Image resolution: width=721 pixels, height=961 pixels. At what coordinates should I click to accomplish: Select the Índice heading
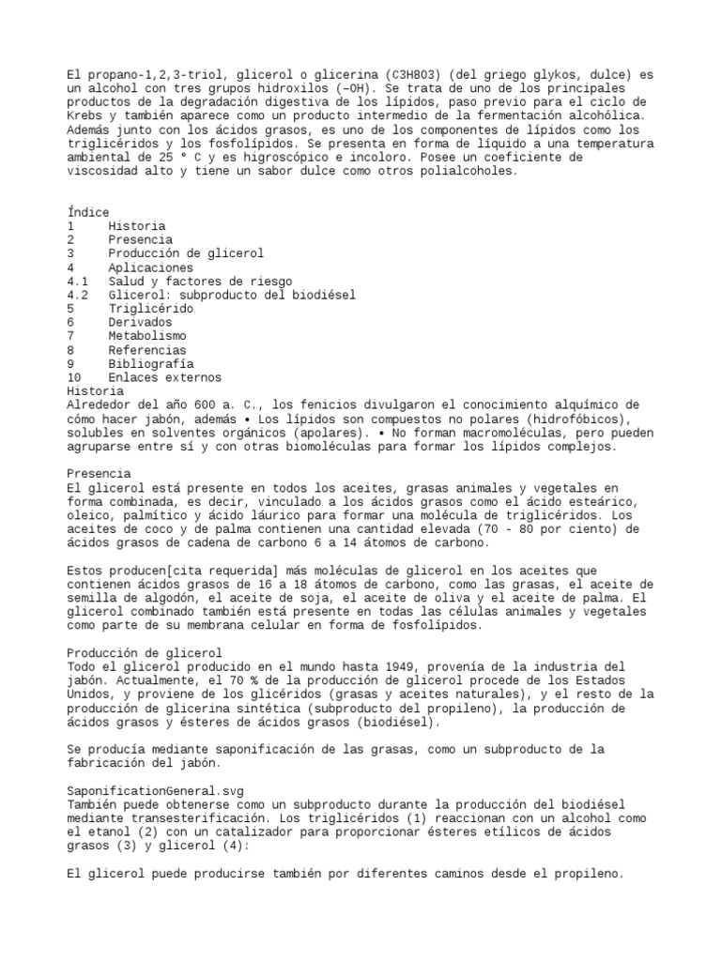[x=88, y=212]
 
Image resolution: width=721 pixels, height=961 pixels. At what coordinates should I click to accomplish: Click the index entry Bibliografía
[x=151, y=363]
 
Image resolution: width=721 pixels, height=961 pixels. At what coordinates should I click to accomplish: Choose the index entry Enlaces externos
[x=165, y=377]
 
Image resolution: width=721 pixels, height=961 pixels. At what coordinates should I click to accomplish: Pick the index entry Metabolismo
[x=147, y=335]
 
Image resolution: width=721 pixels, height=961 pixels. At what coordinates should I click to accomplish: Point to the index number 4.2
[x=78, y=295]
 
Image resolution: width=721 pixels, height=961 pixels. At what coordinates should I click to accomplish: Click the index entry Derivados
[x=141, y=322]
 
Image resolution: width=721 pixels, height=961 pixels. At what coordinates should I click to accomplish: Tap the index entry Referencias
[x=147, y=349]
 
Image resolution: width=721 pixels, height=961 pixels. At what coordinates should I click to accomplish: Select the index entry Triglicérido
[x=151, y=308]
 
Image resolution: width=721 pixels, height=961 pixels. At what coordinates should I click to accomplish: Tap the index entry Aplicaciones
[x=151, y=267]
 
